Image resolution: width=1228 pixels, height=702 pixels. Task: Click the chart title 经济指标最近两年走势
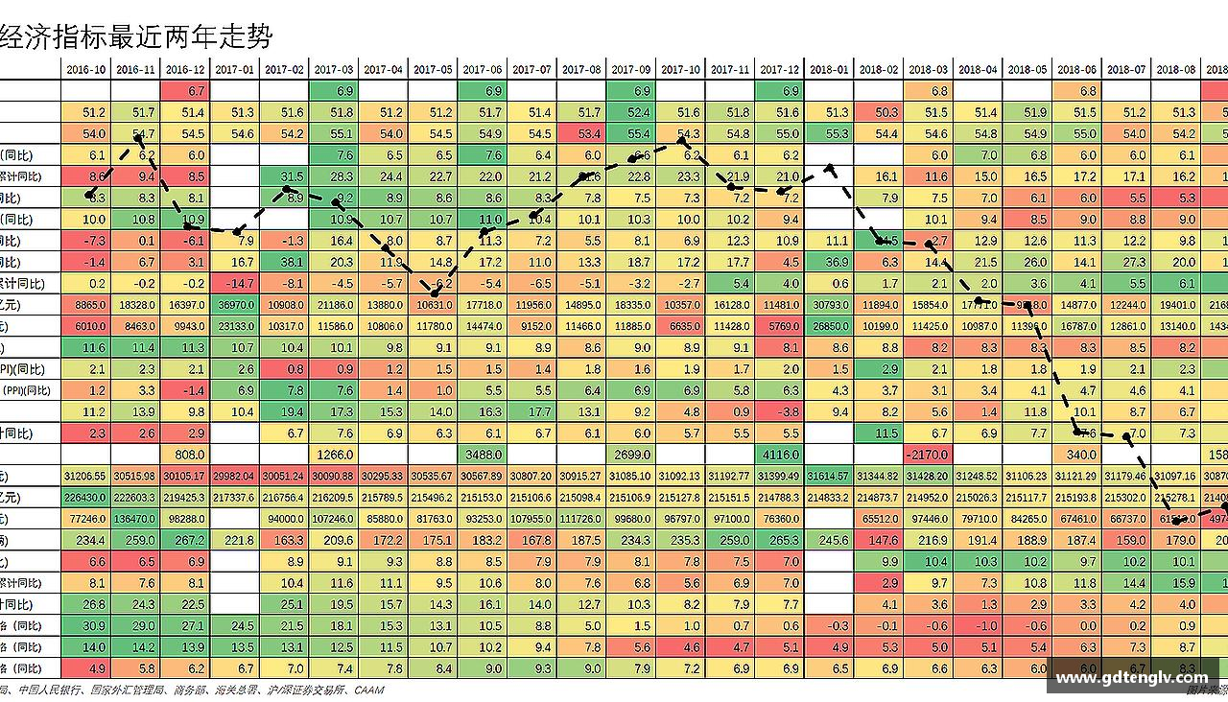point(136,36)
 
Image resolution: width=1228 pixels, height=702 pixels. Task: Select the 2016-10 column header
point(86,69)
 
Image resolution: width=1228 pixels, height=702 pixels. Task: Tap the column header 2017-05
point(433,69)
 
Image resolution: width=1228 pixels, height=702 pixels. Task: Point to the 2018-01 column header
point(829,69)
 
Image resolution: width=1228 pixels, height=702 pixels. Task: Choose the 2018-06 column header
point(1076,69)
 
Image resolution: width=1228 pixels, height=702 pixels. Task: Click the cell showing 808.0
point(185,455)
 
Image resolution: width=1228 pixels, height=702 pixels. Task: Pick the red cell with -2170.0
point(928,455)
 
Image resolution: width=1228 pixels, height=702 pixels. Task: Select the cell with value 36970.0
point(235,305)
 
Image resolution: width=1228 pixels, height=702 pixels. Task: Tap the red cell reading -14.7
point(235,284)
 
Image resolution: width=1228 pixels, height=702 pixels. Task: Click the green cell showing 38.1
point(285,262)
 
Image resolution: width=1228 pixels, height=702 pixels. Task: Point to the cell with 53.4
point(581,133)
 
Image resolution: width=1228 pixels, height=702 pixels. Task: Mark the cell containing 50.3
point(879,112)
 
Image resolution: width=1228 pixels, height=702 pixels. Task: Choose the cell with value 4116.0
point(779,455)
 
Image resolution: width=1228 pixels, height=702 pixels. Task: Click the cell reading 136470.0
point(136,519)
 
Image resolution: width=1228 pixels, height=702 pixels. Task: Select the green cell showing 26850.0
point(829,326)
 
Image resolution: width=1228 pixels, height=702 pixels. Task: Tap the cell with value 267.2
point(185,540)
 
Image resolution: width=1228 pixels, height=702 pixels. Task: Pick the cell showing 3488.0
point(483,455)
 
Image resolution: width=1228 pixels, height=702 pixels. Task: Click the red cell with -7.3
point(86,241)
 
